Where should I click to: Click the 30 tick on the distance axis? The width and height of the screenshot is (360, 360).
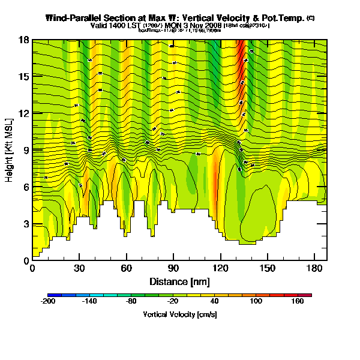[79, 268]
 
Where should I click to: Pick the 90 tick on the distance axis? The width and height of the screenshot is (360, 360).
[173, 268]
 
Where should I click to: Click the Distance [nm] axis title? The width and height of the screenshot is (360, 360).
[179, 281]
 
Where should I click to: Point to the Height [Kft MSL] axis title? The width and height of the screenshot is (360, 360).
[10, 151]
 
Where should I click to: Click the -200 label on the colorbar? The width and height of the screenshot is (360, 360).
[47, 302]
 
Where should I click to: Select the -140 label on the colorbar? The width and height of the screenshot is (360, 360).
[89, 302]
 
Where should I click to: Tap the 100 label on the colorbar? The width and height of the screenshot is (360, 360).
[256, 302]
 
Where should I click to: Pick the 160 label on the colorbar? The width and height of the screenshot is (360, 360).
[298, 302]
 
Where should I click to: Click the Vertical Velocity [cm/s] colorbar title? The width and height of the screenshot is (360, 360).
[179, 314]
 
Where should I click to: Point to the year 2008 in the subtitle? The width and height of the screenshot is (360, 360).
[212, 26]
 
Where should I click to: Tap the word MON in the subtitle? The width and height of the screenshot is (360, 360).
[174, 26]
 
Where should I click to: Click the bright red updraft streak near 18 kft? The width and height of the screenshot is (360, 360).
[241, 51]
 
